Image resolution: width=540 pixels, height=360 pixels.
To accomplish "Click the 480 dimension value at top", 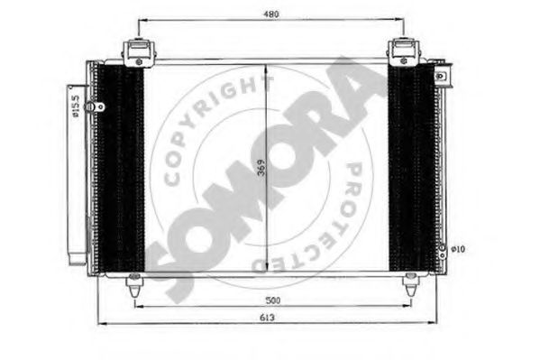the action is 271,14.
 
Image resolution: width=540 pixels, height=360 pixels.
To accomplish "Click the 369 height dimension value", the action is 262,168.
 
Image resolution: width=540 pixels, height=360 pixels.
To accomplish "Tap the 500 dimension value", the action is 273,300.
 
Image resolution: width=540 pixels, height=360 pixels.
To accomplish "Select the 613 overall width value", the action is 267,318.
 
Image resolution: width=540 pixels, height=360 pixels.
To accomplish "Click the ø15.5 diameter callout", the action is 76,106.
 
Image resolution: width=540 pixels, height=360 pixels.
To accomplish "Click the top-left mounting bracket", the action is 139,52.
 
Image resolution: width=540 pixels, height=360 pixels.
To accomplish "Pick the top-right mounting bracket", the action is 404,52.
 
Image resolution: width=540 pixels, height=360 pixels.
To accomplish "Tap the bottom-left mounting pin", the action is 134,284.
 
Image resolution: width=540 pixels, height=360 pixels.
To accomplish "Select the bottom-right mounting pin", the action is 411,284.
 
